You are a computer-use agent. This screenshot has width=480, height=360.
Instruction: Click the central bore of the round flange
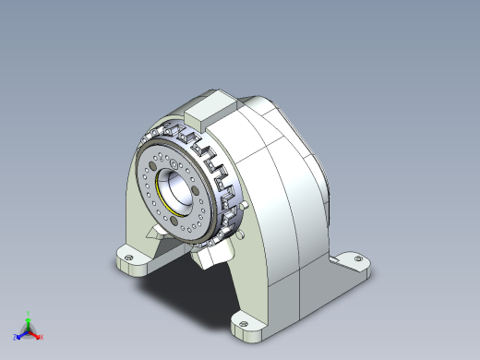pos(175,189)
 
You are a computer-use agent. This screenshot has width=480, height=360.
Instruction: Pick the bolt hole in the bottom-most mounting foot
pos(244,324)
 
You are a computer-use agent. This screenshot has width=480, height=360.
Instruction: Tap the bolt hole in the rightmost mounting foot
pos(356,263)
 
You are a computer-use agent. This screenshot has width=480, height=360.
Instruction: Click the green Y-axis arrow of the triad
pos(29,319)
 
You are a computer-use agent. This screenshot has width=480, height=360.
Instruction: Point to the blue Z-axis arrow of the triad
pos(21,331)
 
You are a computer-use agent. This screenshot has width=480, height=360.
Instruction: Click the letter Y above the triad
pos(29,313)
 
